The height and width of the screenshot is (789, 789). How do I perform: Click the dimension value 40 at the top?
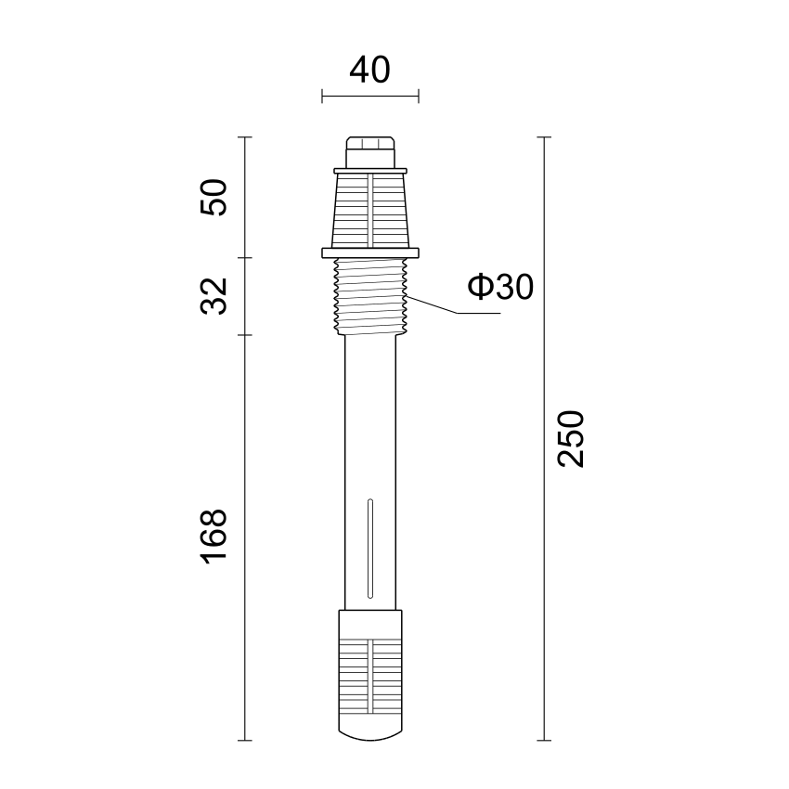click(x=369, y=70)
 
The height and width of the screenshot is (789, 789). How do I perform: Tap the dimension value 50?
click(x=213, y=197)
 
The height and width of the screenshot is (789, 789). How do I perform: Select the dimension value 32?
click(x=213, y=296)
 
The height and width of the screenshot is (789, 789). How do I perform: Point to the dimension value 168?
click(x=213, y=537)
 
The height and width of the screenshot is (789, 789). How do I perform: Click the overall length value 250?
click(x=571, y=439)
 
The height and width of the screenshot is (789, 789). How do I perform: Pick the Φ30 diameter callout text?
click(x=500, y=288)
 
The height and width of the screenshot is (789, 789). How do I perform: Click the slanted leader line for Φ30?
click(x=433, y=305)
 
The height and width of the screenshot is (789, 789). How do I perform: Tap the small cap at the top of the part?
click(x=370, y=152)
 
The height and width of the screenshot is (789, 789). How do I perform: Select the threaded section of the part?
click(x=370, y=297)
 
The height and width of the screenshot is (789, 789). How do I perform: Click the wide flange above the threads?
click(x=370, y=253)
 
